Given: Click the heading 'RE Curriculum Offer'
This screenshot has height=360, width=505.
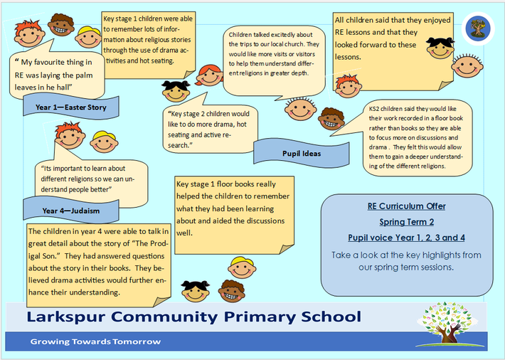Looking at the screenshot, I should (406, 206).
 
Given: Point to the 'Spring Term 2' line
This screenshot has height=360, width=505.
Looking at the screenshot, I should (406, 222).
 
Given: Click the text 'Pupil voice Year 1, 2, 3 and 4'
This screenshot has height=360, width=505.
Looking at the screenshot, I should (406, 238).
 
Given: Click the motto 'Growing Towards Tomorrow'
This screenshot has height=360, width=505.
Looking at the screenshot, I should (95, 342).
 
